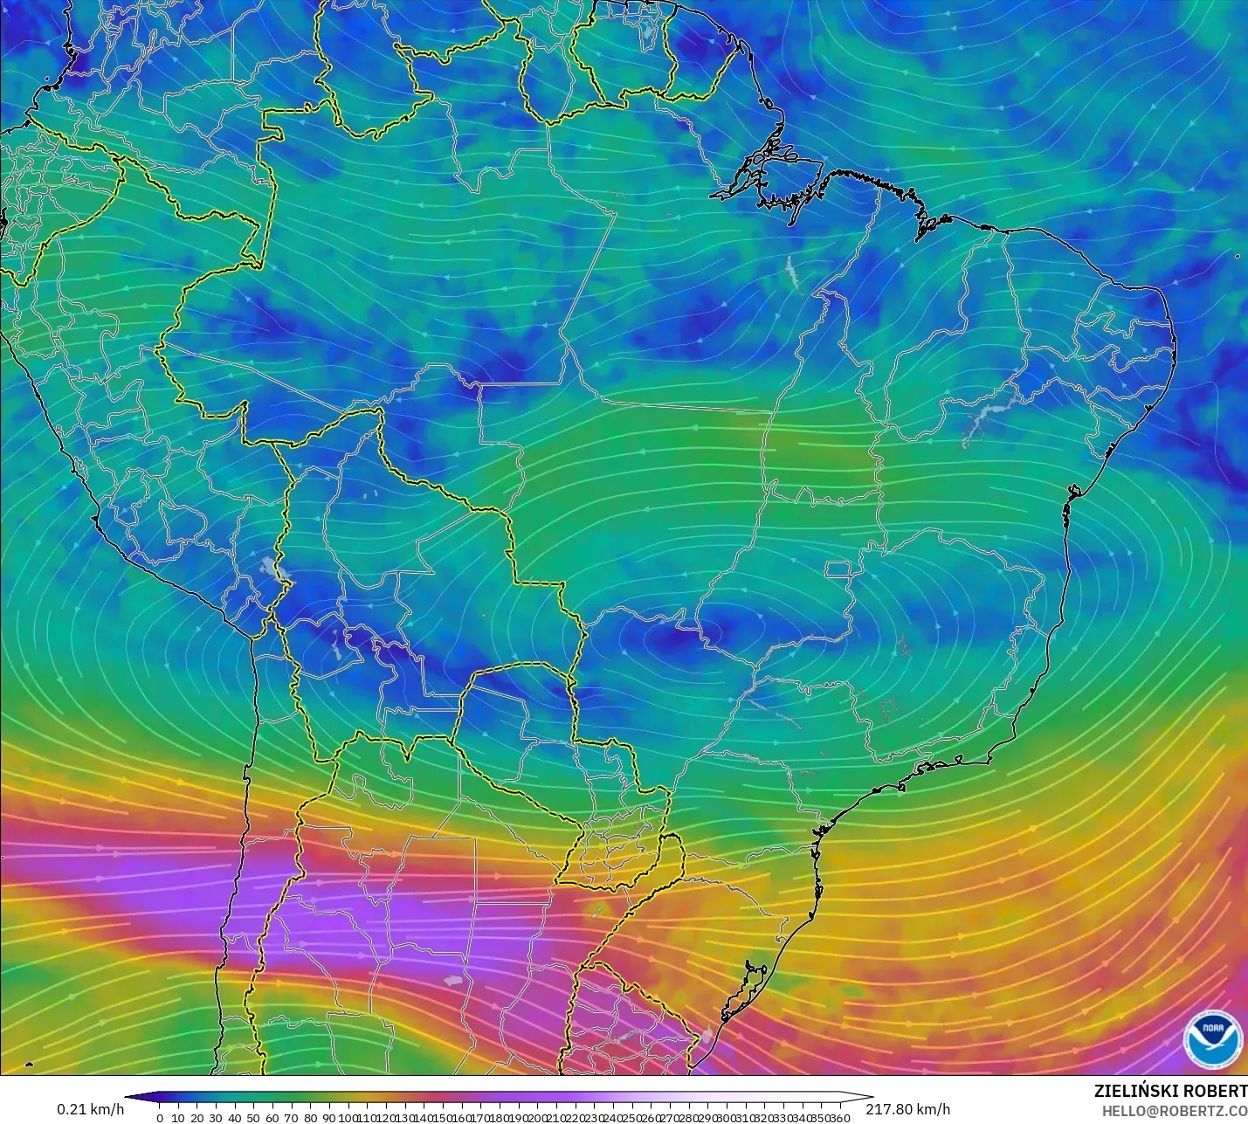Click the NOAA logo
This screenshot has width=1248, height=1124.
[x=1212, y=1038]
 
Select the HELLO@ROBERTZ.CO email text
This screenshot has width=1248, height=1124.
[x=1174, y=1111]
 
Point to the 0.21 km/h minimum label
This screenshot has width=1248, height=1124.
[x=91, y=1109]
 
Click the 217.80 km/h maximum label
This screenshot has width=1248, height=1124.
[x=907, y=1109]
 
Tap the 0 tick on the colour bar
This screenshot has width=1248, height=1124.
[x=160, y=1117]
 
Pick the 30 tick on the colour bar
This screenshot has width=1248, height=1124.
[x=216, y=1117]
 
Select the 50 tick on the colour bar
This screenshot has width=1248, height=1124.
[x=253, y=1117]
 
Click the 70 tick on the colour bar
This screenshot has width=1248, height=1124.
[x=292, y=1117]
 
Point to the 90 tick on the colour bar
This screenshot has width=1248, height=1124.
[x=329, y=1117]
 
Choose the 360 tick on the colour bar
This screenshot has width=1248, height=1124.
[x=839, y=1117]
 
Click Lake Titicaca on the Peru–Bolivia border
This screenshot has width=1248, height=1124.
[x=278, y=569]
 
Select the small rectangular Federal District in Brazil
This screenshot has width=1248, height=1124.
[x=838, y=570]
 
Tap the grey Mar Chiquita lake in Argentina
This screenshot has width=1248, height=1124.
[x=452, y=981]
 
